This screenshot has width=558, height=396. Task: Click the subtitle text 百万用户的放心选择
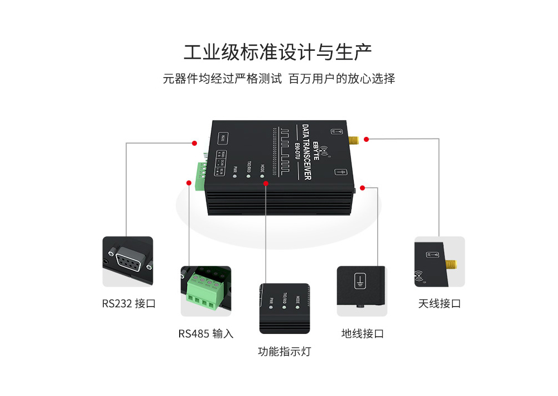point(341,79)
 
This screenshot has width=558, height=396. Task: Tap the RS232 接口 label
point(128,304)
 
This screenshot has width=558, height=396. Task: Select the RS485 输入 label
point(206,333)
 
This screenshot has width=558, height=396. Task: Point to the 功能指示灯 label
point(284,352)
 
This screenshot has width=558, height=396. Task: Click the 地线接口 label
point(363,333)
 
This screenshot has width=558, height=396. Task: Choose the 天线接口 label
point(440,304)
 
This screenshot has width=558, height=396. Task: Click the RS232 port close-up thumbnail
point(127,261)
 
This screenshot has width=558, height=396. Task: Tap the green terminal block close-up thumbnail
point(205,291)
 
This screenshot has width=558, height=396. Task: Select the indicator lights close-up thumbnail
point(284,308)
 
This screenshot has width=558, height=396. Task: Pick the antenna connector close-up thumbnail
point(440,261)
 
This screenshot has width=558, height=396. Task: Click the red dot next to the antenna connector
point(366,139)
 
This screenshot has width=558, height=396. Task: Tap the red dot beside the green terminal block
point(188,182)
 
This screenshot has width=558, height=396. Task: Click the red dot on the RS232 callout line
point(194,144)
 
